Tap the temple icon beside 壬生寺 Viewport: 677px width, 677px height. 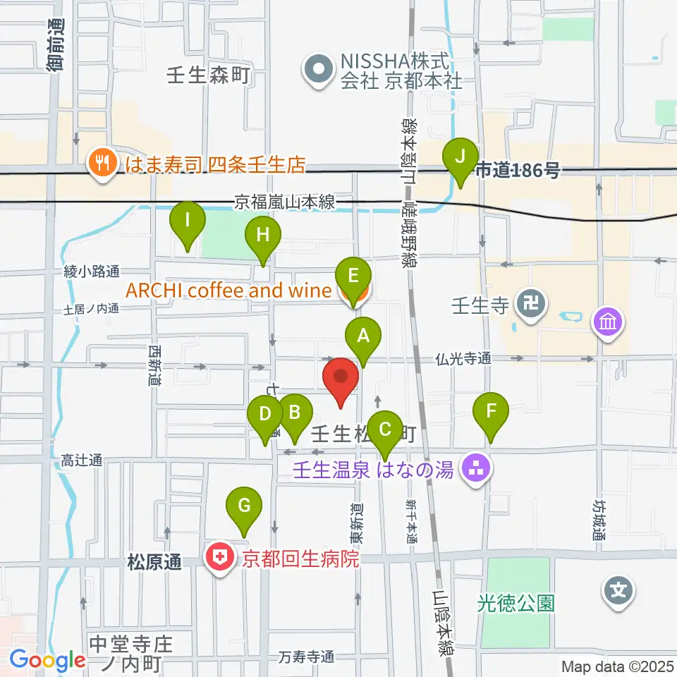pyautogui.click(x=528, y=305)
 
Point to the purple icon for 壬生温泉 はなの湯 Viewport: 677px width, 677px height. pyautogui.click(x=475, y=468)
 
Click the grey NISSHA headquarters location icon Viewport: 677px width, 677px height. pyautogui.click(x=319, y=71)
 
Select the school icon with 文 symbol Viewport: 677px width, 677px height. pyautogui.click(x=618, y=590)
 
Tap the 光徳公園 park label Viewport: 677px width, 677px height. pyautogui.click(x=516, y=603)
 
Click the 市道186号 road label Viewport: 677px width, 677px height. pyautogui.click(x=518, y=170)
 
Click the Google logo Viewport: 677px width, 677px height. pyautogui.click(x=47, y=659)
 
